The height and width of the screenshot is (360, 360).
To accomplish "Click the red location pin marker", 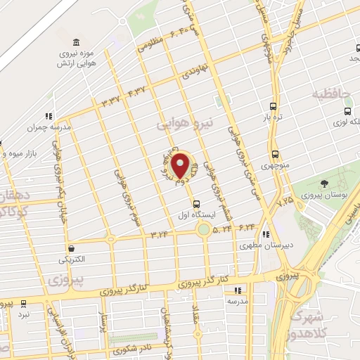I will [x=181, y=165].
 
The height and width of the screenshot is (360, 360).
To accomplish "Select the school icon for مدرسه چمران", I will [x=48, y=116].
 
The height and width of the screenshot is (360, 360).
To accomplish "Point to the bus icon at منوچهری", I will [x=274, y=155].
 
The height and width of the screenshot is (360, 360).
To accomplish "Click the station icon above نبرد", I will [x=24, y=303].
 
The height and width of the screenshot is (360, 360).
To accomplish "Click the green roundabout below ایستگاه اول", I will [x=204, y=229].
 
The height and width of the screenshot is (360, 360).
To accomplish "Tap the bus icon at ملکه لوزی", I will [x=347, y=110].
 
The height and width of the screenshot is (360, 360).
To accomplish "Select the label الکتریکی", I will [x=72, y=259].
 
